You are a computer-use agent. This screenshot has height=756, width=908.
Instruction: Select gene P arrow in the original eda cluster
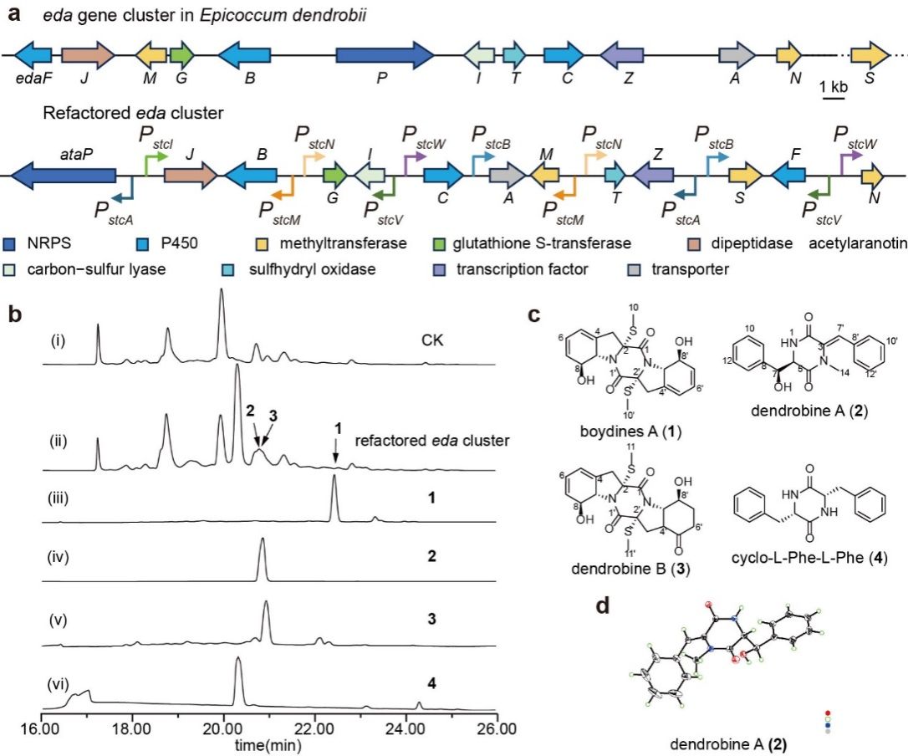[x=385, y=55]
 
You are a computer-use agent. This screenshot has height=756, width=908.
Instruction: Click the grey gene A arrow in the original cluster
[x=737, y=55]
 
